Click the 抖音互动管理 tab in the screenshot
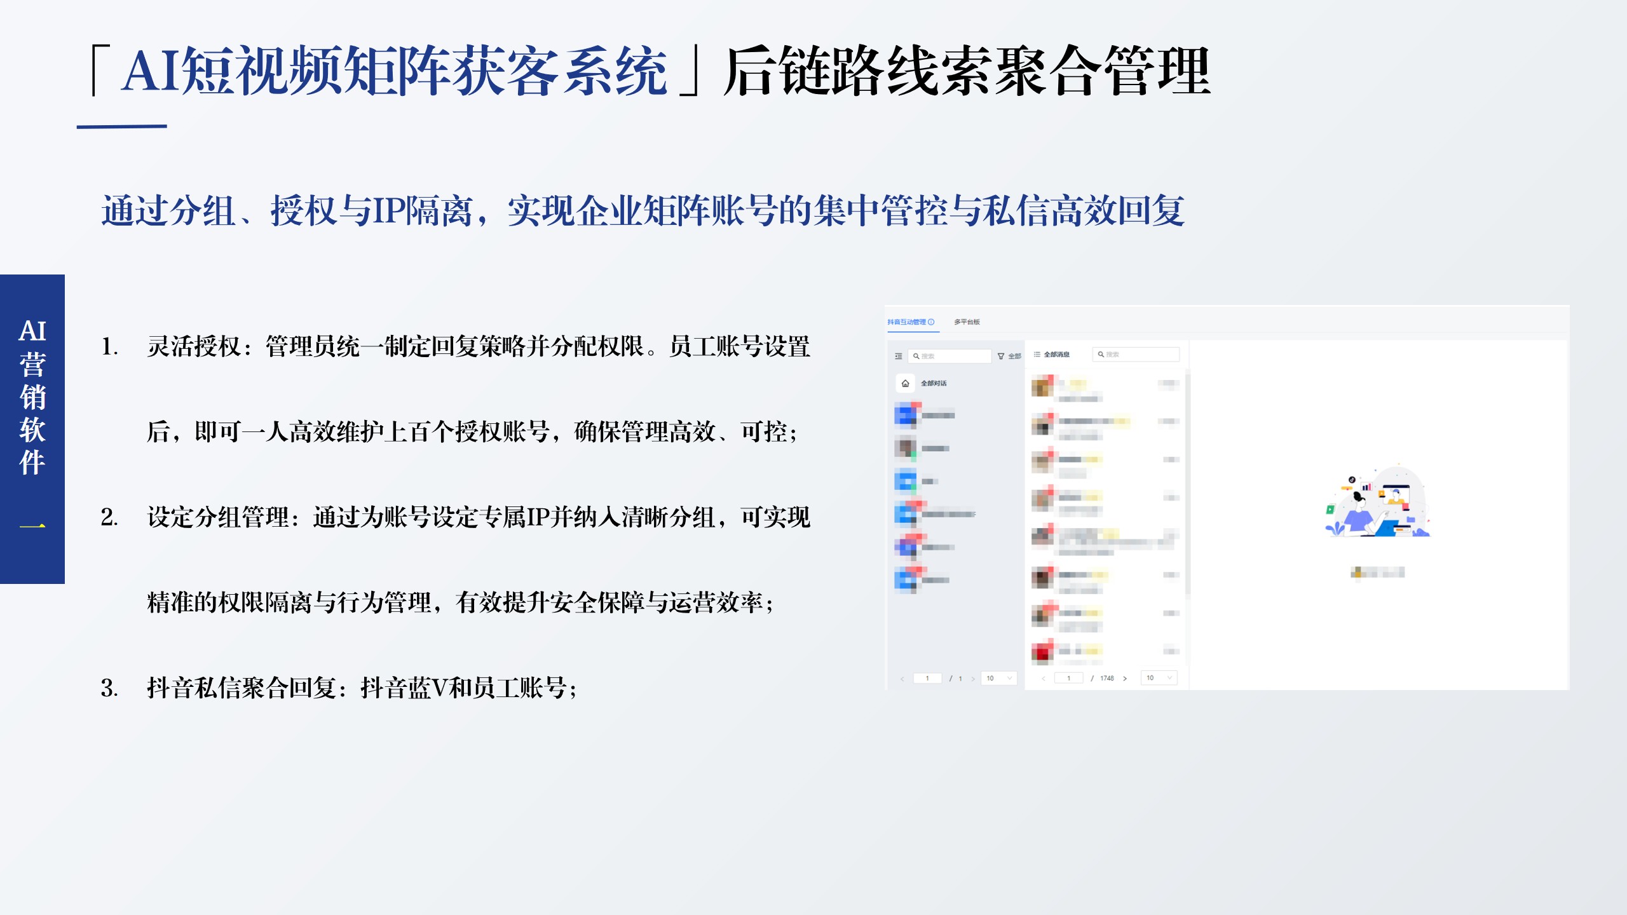pyautogui.click(x=907, y=322)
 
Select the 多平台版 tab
pyautogui.click(x=967, y=322)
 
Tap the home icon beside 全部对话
pyautogui.click(x=905, y=383)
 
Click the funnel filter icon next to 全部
pyautogui.click(x=1001, y=356)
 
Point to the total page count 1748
pyautogui.click(x=1107, y=678)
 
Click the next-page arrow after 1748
pyautogui.click(x=1125, y=678)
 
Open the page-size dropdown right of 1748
pyautogui.click(x=1159, y=678)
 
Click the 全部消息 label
pyautogui.click(x=1056, y=355)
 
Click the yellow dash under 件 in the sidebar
pyautogui.click(x=32, y=526)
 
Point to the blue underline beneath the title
pyautogui.click(x=121, y=126)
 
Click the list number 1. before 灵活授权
pyautogui.click(x=109, y=347)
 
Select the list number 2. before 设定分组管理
pyautogui.click(x=109, y=517)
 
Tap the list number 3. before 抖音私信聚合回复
pyautogui.click(x=109, y=688)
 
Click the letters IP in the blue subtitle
pyautogui.click(x=388, y=211)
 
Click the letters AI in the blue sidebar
pyautogui.click(x=32, y=331)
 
